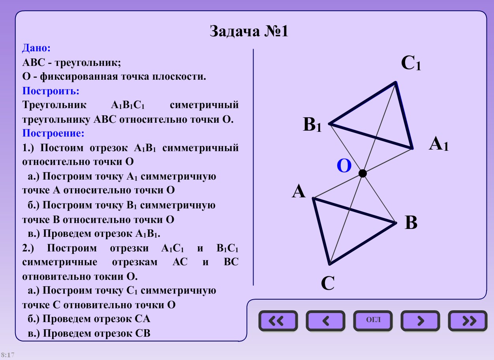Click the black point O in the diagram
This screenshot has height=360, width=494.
coord(363,173)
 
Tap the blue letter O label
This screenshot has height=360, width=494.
coord(344,166)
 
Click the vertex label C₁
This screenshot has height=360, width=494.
coord(411,64)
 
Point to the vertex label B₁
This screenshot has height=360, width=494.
coord(312,125)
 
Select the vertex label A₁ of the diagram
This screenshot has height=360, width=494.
coord(439,144)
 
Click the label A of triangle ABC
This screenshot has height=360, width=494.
coord(299,192)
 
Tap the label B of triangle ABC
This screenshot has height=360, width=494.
coord(411,223)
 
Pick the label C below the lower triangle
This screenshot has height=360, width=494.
coord(328,283)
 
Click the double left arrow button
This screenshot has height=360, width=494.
coord(278,321)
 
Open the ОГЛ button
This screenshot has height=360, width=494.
coord(373,320)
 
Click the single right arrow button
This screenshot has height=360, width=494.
coord(420,321)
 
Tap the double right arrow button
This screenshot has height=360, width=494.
coord(467,321)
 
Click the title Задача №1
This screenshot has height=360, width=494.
coord(249,32)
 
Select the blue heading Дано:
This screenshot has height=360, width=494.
coord(36,48)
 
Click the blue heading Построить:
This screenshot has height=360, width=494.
coord(51,91)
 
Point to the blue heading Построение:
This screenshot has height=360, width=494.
coord(53,133)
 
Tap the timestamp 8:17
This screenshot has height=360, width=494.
coord(8,355)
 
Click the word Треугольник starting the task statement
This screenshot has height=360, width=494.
coord(54,105)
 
